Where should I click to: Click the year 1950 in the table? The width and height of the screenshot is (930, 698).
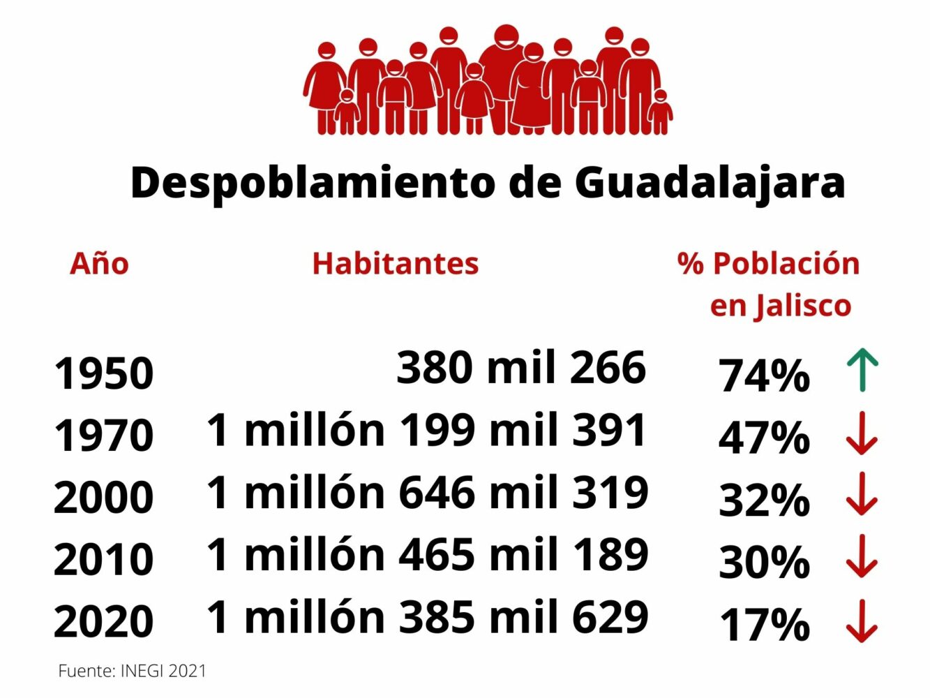point(103,373)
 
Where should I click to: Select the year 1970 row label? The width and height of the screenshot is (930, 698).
point(103,436)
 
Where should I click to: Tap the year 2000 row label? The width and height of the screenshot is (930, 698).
point(103,498)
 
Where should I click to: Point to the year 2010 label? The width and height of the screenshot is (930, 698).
point(103,560)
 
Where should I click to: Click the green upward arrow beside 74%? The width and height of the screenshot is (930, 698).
point(862,370)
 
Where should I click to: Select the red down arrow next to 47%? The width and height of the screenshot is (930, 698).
point(862,433)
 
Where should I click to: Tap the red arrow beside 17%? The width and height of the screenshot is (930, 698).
point(862,621)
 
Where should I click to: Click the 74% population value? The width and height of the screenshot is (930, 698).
point(764,376)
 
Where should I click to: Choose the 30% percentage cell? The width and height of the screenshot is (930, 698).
point(764,563)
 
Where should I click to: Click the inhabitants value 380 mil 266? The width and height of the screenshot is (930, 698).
point(521,367)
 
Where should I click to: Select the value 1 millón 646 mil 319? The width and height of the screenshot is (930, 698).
point(427,493)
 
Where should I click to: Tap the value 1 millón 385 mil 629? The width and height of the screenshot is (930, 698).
point(427,617)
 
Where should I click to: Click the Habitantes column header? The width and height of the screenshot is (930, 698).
point(395,264)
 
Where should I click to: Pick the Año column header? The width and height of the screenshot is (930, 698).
point(99,264)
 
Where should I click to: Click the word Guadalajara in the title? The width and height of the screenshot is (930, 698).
point(710,183)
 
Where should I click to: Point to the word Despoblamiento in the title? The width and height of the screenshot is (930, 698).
point(312,183)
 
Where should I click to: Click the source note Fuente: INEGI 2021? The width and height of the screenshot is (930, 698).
point(133,671)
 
